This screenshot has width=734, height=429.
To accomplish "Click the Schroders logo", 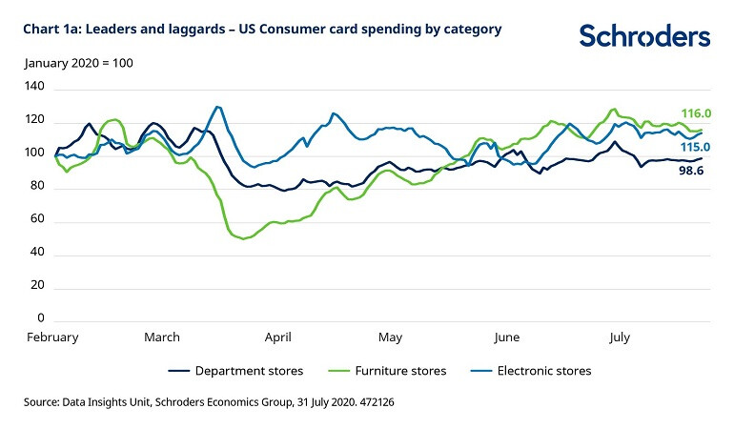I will click(644, 36).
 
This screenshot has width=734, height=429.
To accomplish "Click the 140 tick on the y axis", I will click(34, 87).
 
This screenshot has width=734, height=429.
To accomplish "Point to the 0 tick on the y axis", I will click(39, 317).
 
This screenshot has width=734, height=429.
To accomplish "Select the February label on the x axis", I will click(51, 337).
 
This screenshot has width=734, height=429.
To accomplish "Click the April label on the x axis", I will click(278, 337).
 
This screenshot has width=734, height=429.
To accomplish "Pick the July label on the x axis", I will click(620, 337).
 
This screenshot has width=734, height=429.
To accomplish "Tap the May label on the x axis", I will click(391, 337).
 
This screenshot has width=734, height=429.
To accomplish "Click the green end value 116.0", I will click(695, 113).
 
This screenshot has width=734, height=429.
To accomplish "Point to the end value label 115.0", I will click(695, 147).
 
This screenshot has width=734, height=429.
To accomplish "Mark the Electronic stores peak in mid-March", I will click(218, 107).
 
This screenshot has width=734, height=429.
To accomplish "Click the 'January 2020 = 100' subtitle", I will click(78, 63).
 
